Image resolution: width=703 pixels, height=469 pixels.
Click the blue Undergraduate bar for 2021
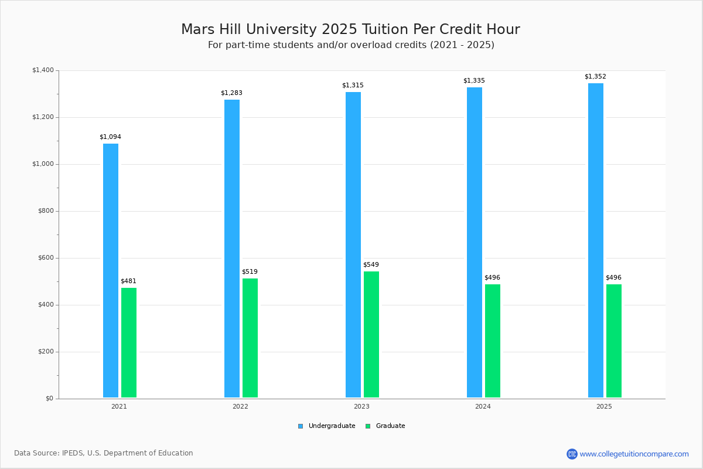111,270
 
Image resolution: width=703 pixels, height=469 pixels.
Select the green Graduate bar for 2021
129,342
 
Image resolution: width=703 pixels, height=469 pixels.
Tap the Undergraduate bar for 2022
232,249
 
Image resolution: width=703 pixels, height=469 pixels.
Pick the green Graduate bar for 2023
371,334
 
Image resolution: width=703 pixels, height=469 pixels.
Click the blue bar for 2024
475,242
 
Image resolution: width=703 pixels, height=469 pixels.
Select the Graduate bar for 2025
614,341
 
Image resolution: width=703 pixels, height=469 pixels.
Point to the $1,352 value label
595,77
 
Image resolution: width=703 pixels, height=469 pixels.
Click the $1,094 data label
110,137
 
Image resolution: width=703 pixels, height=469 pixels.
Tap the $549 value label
371,265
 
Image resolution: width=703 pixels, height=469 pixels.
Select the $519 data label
250,272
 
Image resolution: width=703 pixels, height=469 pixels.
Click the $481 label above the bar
128,281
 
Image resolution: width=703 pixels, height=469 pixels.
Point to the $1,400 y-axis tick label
43,70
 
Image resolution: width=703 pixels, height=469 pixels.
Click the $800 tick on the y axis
45,211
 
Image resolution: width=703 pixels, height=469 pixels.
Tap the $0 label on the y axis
49,399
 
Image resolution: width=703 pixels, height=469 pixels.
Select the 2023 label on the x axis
361,406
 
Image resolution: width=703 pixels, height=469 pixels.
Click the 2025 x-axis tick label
604,406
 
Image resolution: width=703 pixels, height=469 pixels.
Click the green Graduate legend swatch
368,426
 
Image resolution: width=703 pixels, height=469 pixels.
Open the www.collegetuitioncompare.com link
634,454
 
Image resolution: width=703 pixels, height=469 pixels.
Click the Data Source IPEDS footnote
104,453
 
